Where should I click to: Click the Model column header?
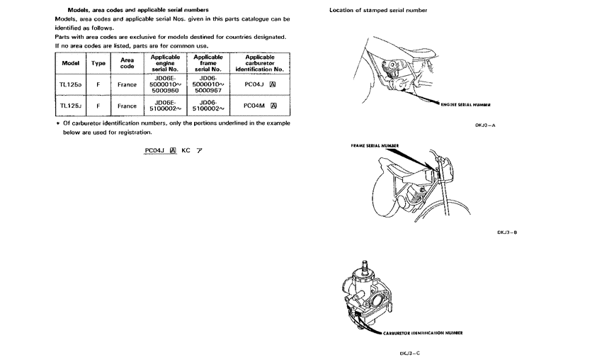pos(70,63)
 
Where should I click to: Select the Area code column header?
pos(127,63)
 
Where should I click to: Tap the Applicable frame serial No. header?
pos(209,63)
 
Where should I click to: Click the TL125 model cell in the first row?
pos(70,84)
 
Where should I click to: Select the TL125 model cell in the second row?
pos(70,106)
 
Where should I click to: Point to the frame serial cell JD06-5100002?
pos(209,106)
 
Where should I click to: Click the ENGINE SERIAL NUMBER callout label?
pos(466,103)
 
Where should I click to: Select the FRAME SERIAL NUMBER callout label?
pos(375,145)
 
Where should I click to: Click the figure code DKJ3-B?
pos(508,232)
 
